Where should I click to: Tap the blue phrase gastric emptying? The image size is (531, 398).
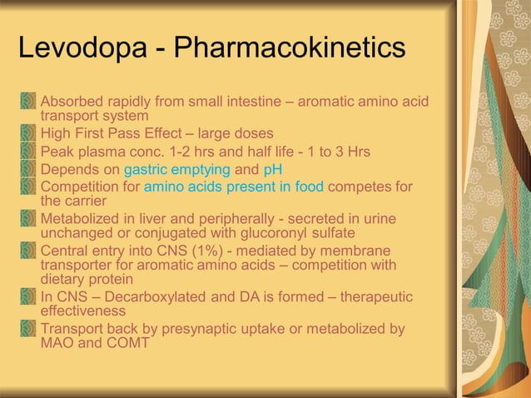pyautogui.click(x=176, y=170)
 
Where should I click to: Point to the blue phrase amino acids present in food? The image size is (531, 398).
pyautogui.click(x=234, y=187)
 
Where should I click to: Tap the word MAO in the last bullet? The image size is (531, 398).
pyautogui.click(x=57, y=343)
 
